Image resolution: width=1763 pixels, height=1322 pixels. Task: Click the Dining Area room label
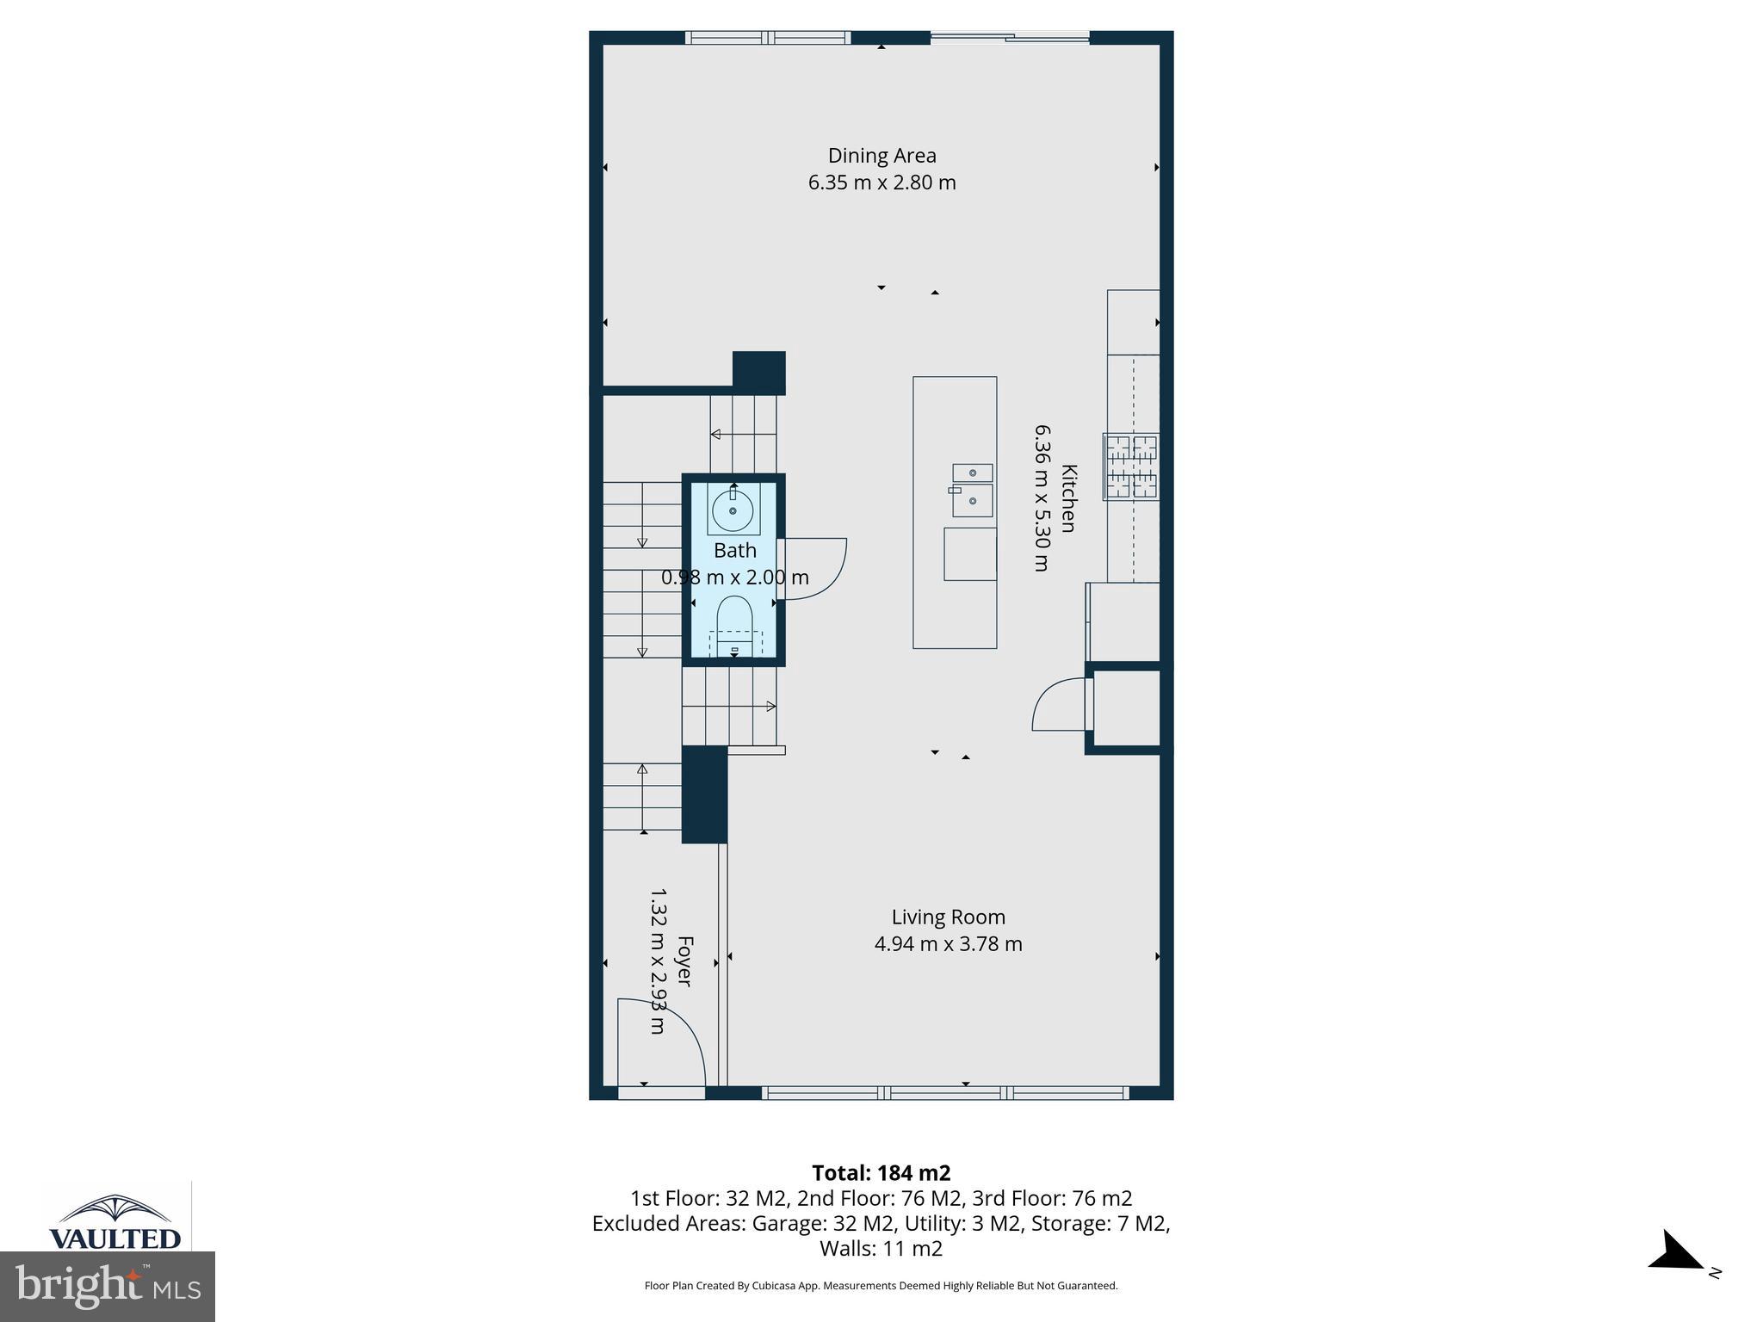tap(881, 156)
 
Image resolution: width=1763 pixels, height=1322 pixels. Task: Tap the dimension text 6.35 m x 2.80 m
tap(881, 182)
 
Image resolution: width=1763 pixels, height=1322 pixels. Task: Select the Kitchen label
tap(1068, 498)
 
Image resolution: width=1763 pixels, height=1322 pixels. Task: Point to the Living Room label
tap(948, 917)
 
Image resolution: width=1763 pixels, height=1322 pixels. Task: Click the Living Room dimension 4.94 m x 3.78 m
tap(948, 944)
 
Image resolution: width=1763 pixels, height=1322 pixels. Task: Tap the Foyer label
tap(685, 961)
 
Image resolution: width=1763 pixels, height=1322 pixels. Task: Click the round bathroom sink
tap(733, 510)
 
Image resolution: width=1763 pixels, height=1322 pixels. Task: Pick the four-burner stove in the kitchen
tap(1131, 466)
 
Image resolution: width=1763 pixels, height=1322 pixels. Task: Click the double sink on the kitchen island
tap(972, 490)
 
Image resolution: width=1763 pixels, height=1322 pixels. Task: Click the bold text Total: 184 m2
tap(881, 1173)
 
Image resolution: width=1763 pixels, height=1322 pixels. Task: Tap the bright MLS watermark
tap(108, 1286)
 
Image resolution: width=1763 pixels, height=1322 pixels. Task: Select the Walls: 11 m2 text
tap(881, 1248)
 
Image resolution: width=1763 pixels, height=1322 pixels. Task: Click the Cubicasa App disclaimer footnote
tap(881, 1286)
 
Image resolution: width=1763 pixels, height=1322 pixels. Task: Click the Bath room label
tap(734, 551)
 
